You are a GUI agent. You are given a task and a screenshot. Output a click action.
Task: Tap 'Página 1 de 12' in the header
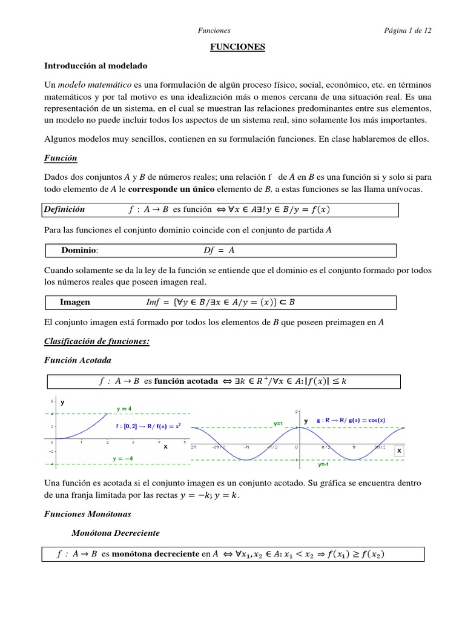click(407, 30)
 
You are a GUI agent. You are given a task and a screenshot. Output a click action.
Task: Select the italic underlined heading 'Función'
click(61, 158)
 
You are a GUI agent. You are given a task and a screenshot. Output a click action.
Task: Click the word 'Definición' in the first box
click(64, 209)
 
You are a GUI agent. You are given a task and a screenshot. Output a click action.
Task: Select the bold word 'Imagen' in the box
click(75, 302)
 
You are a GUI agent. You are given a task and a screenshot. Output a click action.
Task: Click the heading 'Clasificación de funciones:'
click(97, 341)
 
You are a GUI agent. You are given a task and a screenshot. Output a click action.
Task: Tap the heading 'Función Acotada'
click(77, 360)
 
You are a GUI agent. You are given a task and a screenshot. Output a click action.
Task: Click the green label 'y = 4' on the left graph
click(125, 409)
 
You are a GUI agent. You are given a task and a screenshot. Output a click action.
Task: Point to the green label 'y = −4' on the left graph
click(124, 459)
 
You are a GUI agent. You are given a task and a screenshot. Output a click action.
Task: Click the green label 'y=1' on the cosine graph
click(278, 423)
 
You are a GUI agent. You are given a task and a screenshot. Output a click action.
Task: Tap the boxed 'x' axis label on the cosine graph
click(399, 451)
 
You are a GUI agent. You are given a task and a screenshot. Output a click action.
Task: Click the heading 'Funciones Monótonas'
click(88, 513)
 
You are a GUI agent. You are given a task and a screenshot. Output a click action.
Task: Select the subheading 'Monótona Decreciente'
click(115, 534)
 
